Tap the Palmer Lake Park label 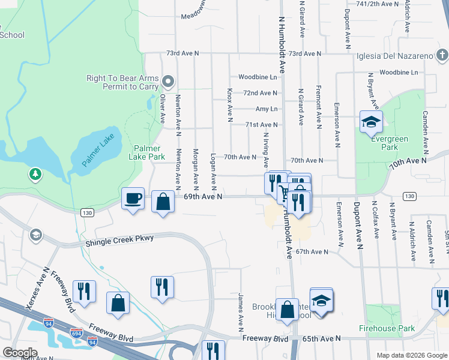pos(147,152)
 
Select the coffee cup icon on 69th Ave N pos(133,198)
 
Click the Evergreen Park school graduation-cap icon pos(371,122)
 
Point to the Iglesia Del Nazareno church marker pos(442,56)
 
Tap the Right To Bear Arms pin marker pos(168,82)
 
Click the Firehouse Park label pos(387,328)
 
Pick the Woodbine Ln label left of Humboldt pos(258,77)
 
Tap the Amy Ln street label pos(267,109)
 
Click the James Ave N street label pos(240,312)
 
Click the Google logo pos(20,353)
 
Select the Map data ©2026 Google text pos(412,355)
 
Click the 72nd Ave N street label pos(260,93)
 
